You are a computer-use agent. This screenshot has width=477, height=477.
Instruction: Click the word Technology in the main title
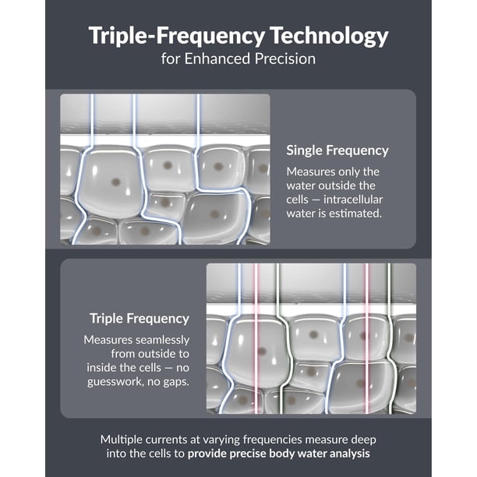pos(329,36)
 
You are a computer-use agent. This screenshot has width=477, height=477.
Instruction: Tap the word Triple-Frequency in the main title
pos(176,36)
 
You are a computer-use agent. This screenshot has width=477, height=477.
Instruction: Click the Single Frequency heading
pos(337,150)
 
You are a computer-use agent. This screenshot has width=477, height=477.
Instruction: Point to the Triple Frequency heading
pos(140,319)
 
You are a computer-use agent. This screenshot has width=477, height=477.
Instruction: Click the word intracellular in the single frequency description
pos(353,200)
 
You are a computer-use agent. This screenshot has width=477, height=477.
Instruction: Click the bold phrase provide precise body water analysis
pos(279,454)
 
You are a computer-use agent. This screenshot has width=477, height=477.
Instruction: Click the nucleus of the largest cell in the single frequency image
pos(115,182)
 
